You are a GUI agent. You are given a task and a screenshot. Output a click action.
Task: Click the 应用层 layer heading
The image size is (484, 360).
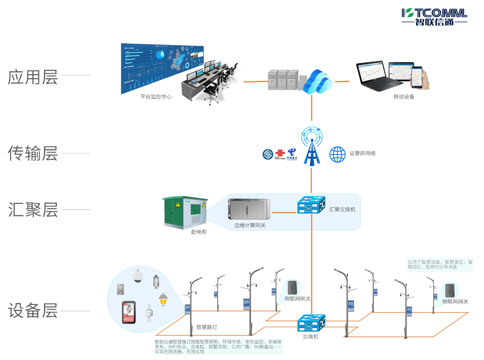(33, 77)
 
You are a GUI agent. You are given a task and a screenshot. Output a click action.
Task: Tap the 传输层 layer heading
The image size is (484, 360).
(33, 153)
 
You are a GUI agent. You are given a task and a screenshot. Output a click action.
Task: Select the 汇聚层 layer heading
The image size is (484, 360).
(33, 210)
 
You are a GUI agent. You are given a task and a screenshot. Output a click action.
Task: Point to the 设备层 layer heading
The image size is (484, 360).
(33, 311)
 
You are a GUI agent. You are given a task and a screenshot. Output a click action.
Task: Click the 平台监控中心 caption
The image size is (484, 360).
(156, 97)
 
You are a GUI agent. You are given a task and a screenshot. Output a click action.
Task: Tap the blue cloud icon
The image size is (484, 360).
(318, 81)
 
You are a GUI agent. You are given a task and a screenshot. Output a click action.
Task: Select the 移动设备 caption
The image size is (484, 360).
(404, 97)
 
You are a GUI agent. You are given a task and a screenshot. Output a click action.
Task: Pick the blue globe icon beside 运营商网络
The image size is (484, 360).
(337, 154)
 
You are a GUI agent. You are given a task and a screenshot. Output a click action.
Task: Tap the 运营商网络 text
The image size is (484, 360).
(363, 154)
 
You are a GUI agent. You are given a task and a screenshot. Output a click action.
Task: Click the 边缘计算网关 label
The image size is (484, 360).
(250, 226)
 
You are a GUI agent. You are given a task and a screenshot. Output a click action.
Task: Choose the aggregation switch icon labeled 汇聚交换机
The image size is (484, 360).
(312, 205)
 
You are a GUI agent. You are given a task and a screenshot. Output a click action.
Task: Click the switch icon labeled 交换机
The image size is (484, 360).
(311, 323)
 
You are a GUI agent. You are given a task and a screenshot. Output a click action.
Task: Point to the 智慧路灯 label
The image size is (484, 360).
(207, 327)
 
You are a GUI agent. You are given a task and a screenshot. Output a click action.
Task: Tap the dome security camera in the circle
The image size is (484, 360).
(137, 276)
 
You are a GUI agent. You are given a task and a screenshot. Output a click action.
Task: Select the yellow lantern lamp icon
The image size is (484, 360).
(163, 300)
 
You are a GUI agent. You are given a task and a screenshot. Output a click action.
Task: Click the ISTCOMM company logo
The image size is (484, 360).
(434, 17)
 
